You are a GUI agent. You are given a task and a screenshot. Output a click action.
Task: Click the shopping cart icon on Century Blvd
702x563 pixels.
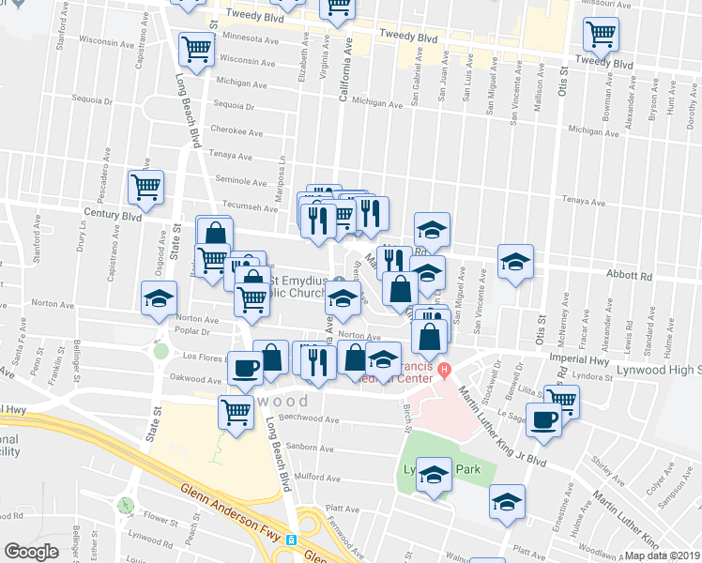pos(145,187)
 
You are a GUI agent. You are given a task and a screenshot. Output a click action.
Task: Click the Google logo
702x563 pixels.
pos(31,552)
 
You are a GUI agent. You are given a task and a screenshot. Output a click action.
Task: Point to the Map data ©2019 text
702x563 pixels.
pos(663,555)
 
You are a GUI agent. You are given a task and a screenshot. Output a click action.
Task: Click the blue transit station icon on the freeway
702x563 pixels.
pos(292,540)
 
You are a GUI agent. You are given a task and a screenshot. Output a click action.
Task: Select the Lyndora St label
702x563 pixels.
pos(647,376)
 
